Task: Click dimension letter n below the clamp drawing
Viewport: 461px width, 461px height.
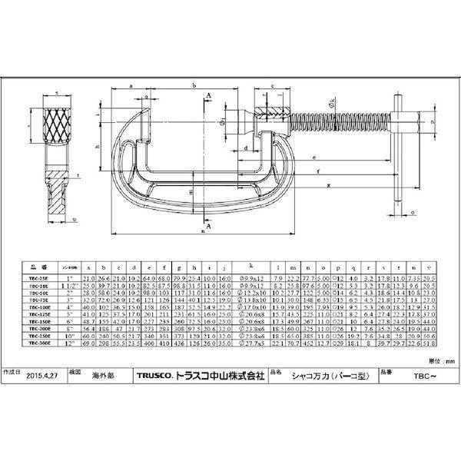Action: [x=202, y=230]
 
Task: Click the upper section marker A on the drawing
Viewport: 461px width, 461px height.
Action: [x=209, y=94]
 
